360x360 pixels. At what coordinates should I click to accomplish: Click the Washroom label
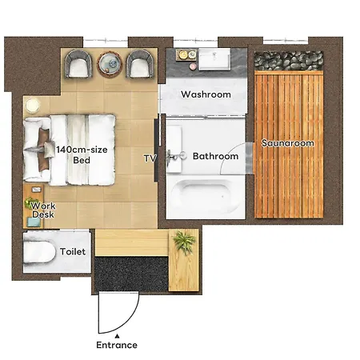(x=206, y=94)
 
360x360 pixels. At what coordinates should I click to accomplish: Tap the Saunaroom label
(x=287, y=143)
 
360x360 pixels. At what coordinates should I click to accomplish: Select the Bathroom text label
(x=215, y=156)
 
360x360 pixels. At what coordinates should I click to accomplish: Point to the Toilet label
(x=73, y=251)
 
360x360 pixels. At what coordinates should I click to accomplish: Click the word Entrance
(x=117, y=345)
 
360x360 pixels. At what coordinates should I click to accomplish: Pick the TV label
(x=150, y=158)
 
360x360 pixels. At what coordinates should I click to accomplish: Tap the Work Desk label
(x=43, y=210)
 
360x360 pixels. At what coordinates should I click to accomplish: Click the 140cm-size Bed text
(x=82, y=154)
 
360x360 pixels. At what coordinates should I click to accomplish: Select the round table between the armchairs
(x=110, y=63)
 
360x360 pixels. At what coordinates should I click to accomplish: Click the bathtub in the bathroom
(x=206, y=197)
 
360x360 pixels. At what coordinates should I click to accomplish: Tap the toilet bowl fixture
(x=39, y=252)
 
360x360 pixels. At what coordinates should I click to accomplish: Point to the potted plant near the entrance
(x=184, y=242)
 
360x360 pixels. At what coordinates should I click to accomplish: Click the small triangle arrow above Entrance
(x=117, y=336)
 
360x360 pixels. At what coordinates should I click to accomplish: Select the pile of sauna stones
(x=289, y=61)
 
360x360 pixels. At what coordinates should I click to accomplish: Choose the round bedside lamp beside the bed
(x=33, y=106)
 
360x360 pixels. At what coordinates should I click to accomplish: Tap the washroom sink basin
(x=214, y=59)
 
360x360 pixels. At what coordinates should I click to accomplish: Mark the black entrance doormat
(x=131, y=274)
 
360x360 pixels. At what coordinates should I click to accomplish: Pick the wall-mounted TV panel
(x=157, y=150)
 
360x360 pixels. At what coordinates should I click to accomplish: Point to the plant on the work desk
(x=31, y=203)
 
